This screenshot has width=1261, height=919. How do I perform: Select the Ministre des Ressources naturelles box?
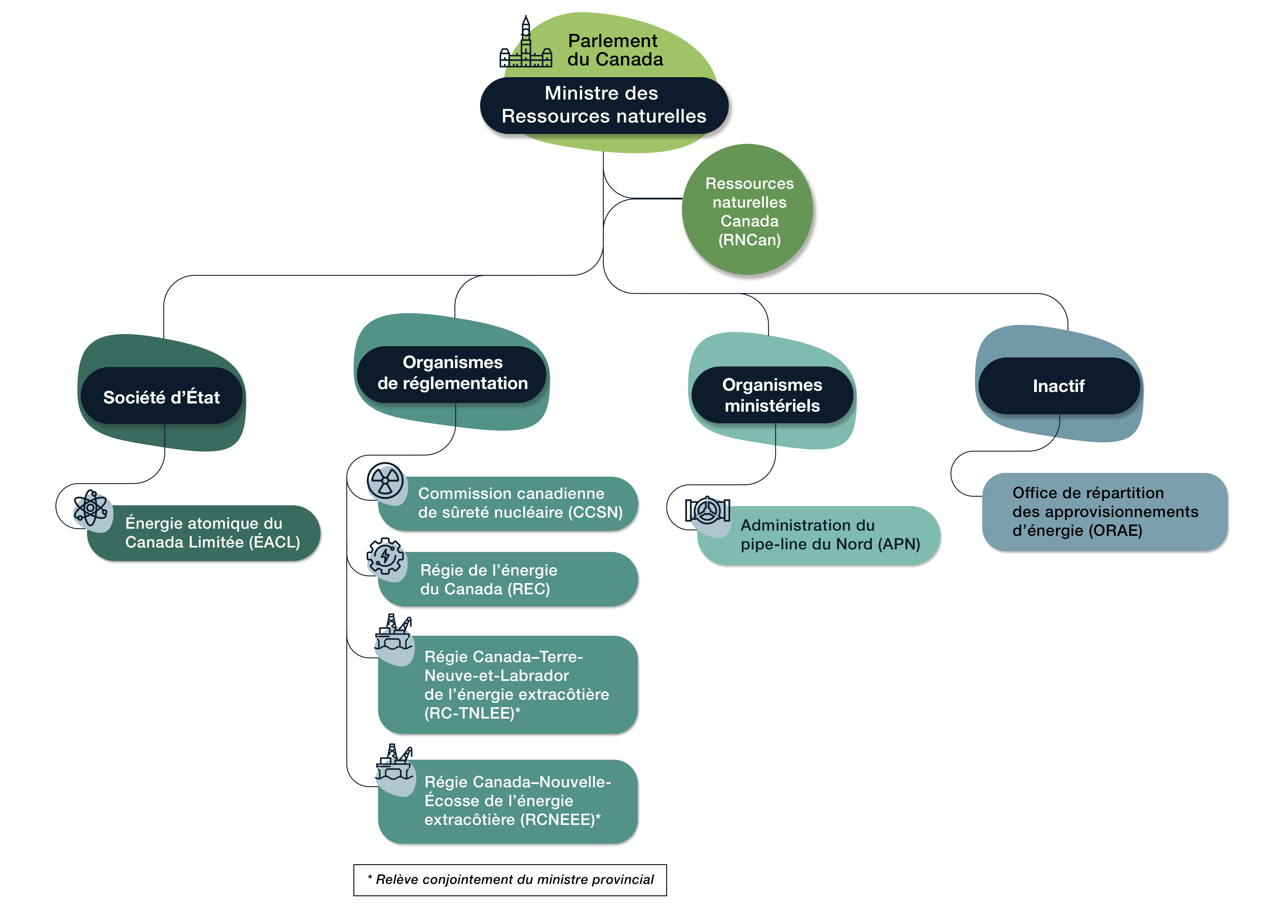click(x=604, y=105)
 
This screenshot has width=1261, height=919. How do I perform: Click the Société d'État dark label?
click(x=161, y=397)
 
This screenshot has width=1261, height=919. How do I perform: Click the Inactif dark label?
click(x=1058, y=385)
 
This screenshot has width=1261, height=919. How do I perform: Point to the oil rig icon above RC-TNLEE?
click(x=394, y=633)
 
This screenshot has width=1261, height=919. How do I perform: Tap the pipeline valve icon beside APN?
click(x=707, y=510)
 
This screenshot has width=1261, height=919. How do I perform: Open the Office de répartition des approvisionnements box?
click(x=1105, y=512)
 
